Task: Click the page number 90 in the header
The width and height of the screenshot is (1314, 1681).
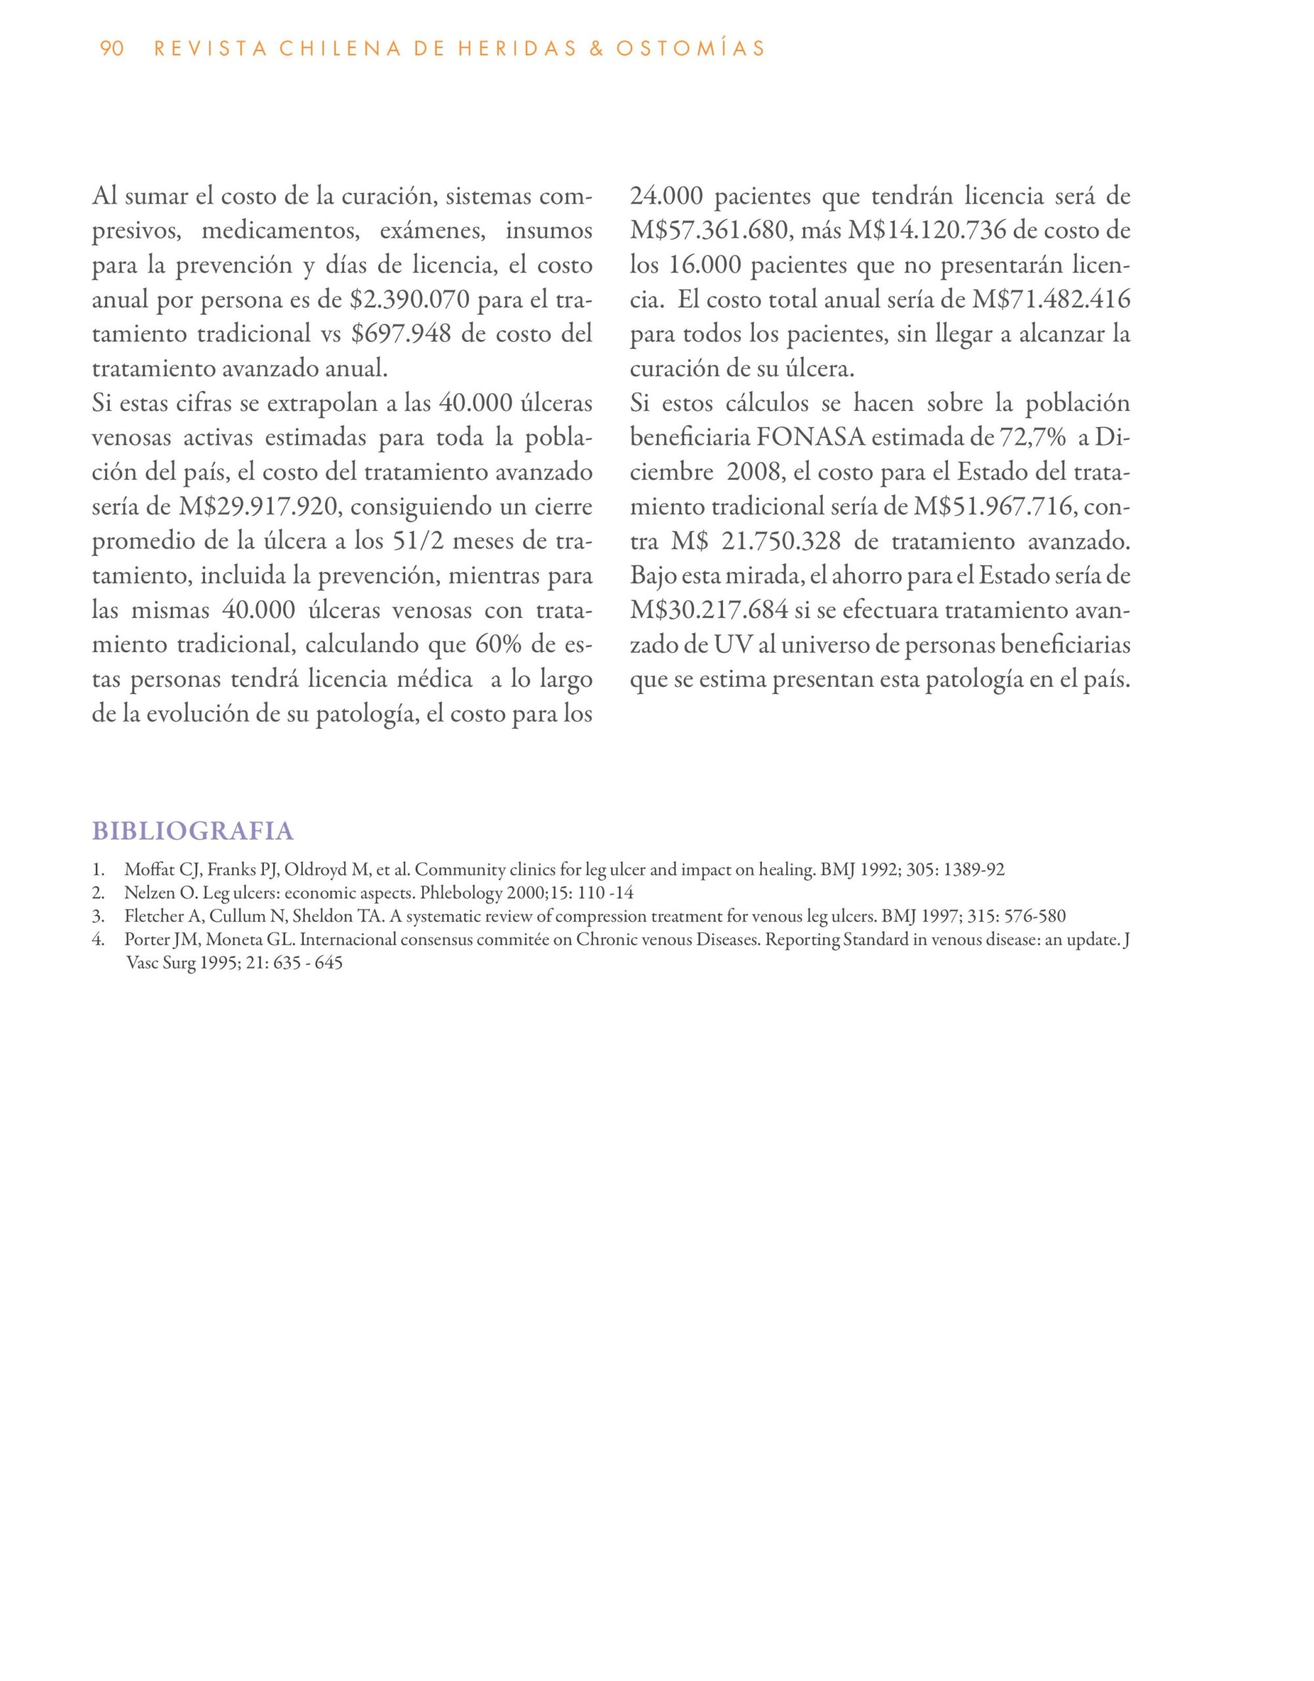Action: click(x=112, y=49)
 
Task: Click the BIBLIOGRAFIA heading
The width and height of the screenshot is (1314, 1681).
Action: click(x=192, y=831)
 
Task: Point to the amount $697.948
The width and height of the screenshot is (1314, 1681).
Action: click(x=401, y=334)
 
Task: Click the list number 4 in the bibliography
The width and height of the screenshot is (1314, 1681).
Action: click(x=97, y=940)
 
